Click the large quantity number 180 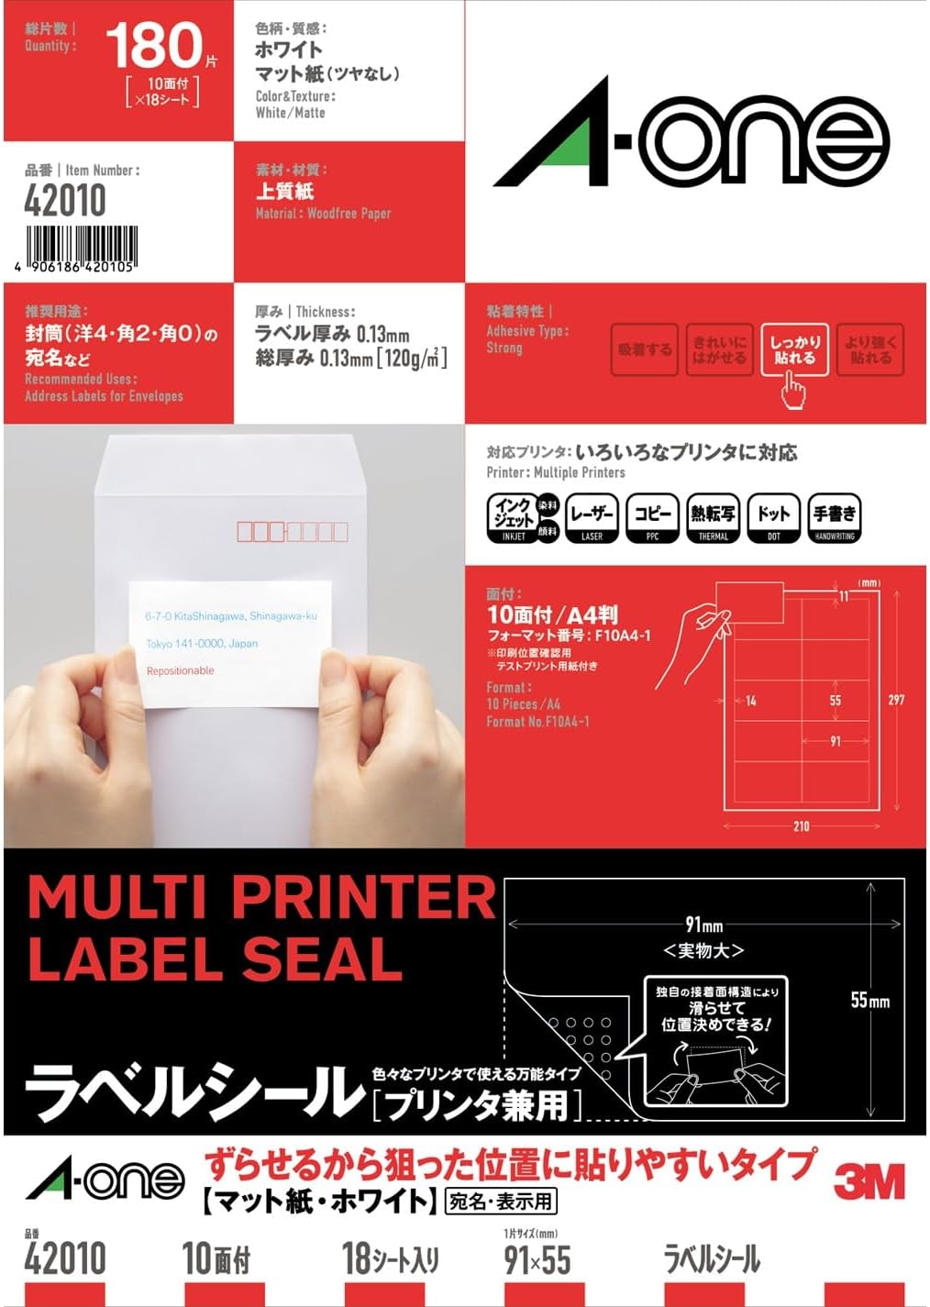click(x=153, y=46)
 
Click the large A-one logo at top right click(x=692, y=138)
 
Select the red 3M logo click(x=868, y=1181)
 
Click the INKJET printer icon click(x=513, y=518)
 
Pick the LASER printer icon click(x=592, y=518)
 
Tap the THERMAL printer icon click(x=713, y=518)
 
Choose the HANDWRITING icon click(x=834, y=518)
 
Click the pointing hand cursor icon click(x=792, y=393)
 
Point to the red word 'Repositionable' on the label click(x=180, y=671)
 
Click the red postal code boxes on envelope click(x=293, y=531)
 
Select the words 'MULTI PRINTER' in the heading click(x=261, y=897)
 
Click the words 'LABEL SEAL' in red click(x=216, y=959)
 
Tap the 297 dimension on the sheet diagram click(x=896, y=700)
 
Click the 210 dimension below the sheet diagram click(x=801, y=826)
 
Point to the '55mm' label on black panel click(x=869, y=1000)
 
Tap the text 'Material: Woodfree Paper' click(x=323, y=214)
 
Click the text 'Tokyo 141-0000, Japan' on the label click(x=202, y=644)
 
